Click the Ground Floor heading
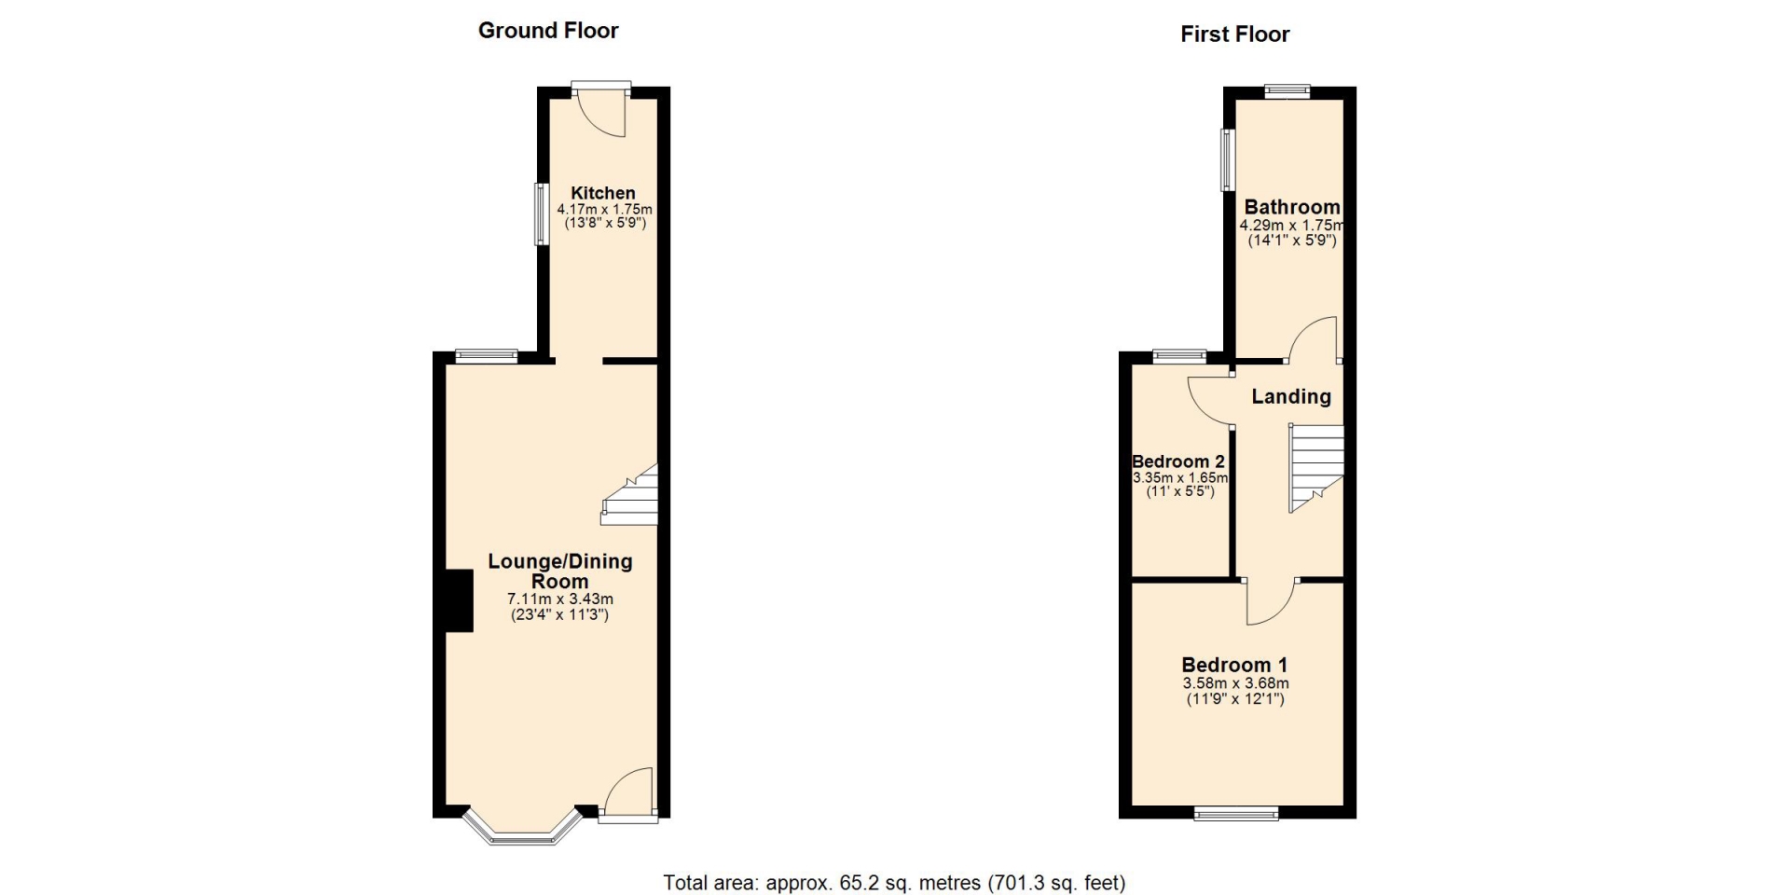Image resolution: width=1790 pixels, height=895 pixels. pos(548,31)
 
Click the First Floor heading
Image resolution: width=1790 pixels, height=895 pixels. pos(1234,34)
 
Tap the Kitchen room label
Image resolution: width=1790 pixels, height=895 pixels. pos(603,193)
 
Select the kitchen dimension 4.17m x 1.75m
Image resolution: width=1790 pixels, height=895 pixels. pos(604,210)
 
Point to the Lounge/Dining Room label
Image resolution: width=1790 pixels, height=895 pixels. pos(560,571)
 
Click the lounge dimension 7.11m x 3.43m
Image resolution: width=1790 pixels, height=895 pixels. pos(560,599)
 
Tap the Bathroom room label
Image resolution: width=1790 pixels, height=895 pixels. pos(1291,207)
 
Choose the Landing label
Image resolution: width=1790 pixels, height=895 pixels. pos(1291,396)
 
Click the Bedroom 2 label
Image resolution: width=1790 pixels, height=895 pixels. pos(1178,461)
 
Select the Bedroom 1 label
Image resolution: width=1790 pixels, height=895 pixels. pos(1234,665)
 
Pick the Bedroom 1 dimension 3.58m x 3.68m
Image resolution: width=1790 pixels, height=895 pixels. pos(1235,683)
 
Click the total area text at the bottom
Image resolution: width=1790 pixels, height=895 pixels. pos(894,883)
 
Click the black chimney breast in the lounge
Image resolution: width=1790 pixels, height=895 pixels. pos(458,601)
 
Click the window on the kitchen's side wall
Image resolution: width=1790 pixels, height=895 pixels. pos(540,213)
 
